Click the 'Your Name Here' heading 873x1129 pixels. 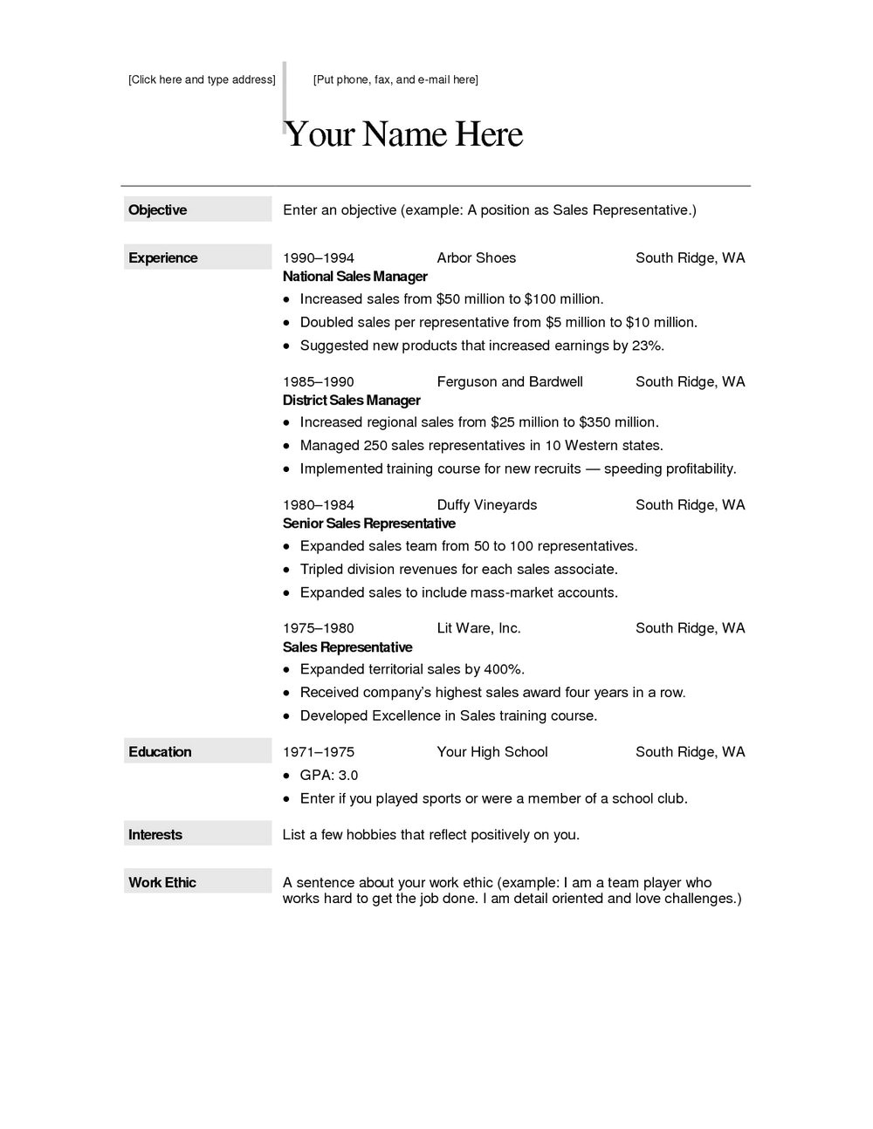403,134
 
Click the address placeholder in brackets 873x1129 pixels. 202,79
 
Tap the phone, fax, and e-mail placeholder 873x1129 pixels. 395,79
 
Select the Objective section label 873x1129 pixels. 158,209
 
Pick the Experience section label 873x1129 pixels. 163,257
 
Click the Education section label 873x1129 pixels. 160,751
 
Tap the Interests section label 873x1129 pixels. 155,834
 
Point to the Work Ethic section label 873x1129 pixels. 162,882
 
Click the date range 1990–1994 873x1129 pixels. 319,257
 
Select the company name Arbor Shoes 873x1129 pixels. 477,257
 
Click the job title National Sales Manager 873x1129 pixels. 355,277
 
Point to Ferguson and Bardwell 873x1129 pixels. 510,381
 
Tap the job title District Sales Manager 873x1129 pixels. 352,400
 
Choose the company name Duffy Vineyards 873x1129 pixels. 487,504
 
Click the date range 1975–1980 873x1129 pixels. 319,628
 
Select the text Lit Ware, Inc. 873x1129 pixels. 479,628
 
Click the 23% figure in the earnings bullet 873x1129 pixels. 647,346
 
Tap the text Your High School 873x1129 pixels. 492,751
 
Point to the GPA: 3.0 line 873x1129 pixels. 329,775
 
